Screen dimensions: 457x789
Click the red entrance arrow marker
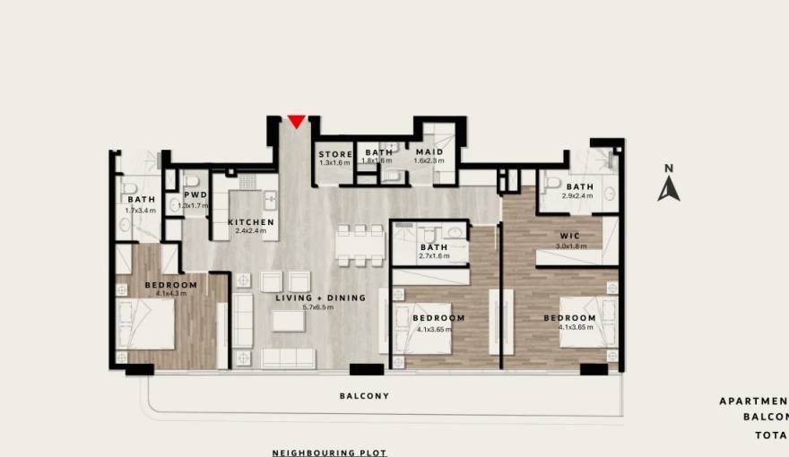296,122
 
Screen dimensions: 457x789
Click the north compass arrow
668,189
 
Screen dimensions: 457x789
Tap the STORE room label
335,154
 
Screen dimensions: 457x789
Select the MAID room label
423,152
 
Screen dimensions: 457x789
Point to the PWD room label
195,194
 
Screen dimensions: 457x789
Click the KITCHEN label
250,222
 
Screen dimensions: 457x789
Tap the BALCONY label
364,395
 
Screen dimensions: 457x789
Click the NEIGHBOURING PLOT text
330,453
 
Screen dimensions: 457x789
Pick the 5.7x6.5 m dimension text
318,307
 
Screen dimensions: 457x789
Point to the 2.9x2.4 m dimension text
578,195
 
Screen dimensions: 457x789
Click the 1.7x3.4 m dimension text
141,210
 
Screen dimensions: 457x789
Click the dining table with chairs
357,245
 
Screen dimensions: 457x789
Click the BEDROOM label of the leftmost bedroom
165,285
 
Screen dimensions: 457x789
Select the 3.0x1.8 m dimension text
569,246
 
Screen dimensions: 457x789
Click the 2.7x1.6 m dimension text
433,257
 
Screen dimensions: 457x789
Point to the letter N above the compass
667,168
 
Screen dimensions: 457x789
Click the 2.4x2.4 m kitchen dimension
250,231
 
